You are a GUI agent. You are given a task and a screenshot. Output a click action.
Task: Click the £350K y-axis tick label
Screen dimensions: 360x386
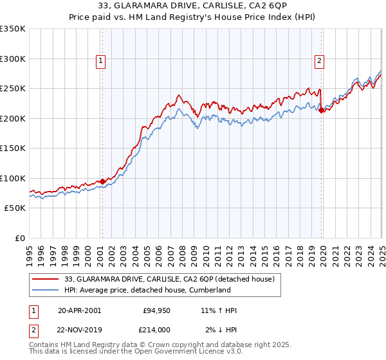pyautogui.click(x=13, y=29)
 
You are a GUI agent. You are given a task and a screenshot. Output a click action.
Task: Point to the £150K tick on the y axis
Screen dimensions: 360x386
pyautogui.click(x=13, y=148)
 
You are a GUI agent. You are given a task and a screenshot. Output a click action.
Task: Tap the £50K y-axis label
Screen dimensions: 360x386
pyautogui.click(x=15, y=208)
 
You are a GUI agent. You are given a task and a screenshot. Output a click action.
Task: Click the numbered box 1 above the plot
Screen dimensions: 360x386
pyautogui.click(x=102, y=61)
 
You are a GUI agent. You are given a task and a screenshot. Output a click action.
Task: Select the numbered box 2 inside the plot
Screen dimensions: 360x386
pyautogui.click(x=320, y=61)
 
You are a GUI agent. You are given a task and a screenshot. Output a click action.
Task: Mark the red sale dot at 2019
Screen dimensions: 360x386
pyautogui.click(x=321, y=111)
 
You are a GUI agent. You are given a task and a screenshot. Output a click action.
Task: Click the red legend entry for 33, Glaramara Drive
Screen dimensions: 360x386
pyautogui.click(x=170, y=279)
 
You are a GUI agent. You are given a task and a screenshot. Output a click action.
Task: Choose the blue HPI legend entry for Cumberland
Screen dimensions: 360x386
pyautogui.click(x=147, y=290)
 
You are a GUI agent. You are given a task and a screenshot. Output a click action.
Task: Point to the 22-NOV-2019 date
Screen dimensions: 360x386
pyautogui.click(x=80, y=329)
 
